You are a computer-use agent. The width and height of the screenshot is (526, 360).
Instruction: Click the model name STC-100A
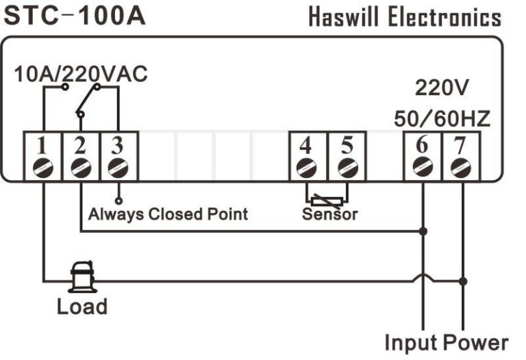coord(75,15)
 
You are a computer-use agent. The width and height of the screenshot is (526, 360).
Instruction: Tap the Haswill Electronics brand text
coord(404,16)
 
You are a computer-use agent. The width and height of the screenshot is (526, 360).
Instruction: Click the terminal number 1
coord(42,146)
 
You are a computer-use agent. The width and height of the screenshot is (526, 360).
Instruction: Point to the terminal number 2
coord(81,146)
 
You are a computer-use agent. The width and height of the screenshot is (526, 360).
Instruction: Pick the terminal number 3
coord(118,146)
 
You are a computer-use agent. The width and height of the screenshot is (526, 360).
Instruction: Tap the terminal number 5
coord(346,146)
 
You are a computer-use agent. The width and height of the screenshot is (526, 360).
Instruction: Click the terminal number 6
coord(423,146)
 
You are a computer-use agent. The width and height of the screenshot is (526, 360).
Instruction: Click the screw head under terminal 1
coord(42,166)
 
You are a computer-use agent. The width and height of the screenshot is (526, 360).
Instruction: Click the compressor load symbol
coord(82,277)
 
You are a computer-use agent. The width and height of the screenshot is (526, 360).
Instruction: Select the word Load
coord(82,306)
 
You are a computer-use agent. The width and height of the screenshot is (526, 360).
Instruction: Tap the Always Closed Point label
coord(168,214)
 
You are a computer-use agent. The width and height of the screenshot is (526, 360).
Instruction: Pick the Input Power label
coord(446,342)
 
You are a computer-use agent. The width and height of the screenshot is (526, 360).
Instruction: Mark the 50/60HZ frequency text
coord(442,119)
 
